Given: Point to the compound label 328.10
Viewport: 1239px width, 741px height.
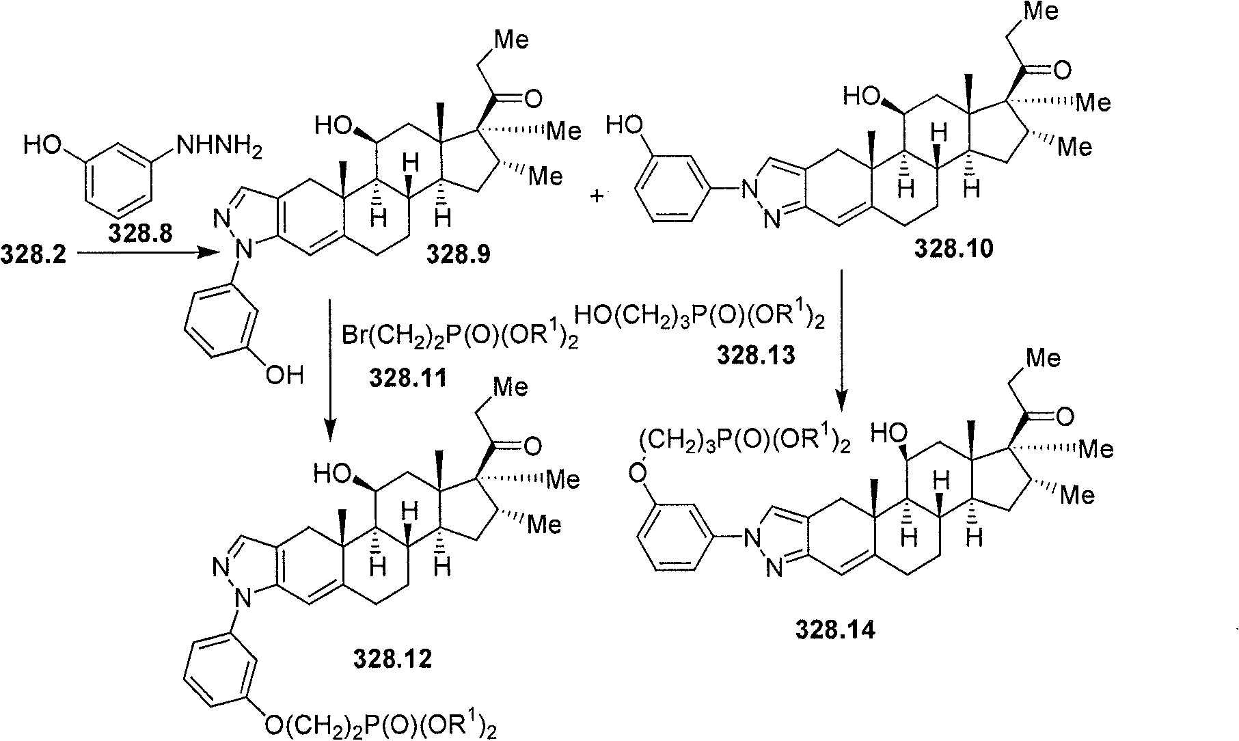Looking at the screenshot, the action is [954, 249].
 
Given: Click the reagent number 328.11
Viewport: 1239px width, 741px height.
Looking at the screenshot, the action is [409, 377].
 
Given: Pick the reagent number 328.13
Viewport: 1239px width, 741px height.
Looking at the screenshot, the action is [756, 355].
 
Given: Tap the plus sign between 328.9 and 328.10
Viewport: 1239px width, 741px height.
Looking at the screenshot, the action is [597, 196].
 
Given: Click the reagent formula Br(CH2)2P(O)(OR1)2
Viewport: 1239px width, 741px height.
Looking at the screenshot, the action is [459, 340].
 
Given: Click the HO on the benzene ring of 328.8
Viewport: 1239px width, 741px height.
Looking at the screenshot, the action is [42, 146].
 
